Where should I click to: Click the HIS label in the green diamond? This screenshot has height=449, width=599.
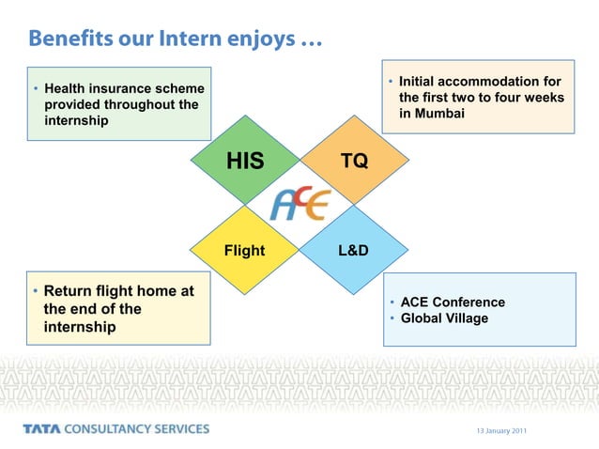click(x=245, y=163)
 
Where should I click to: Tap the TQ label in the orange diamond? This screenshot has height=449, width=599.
click(x=354, y=162)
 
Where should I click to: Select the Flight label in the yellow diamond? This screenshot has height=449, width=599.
click(x=244, y=251)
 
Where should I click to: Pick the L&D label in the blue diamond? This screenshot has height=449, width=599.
click(x=353, y=251)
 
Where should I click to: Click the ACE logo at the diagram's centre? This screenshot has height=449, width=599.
click(x=299, y=204)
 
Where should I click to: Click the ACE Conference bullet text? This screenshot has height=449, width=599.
click(x=453, y=302)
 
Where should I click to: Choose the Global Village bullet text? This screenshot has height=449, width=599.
click(x=444, y=318)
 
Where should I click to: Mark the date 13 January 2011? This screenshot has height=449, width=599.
click(x=501, y=430)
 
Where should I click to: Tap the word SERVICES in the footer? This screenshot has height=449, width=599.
click(x=179, y=429)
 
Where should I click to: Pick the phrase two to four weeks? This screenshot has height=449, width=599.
click(x=506, y=98)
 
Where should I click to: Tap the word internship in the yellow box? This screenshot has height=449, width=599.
click(x=80, y=327)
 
